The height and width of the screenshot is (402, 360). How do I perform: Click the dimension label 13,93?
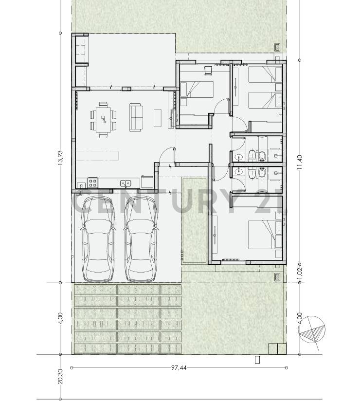tap(60, 158)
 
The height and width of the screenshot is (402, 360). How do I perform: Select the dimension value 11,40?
tap(300, 162)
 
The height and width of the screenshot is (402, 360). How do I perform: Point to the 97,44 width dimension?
tap(179, 368)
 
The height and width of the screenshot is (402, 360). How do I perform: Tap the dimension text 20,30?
tap(60, 376)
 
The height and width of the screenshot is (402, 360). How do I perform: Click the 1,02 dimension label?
tap(300, 273)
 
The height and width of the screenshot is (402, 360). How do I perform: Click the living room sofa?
tap(136, 117)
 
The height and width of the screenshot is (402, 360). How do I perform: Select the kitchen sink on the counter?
tap(126, 183)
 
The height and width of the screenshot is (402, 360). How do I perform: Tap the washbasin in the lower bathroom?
tap(239, 172)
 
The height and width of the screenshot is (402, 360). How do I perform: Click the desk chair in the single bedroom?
tap(208, 70)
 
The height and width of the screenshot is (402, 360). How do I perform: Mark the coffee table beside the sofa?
tap(158, 117)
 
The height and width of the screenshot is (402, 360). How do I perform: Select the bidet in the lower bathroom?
tap(263, 173)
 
